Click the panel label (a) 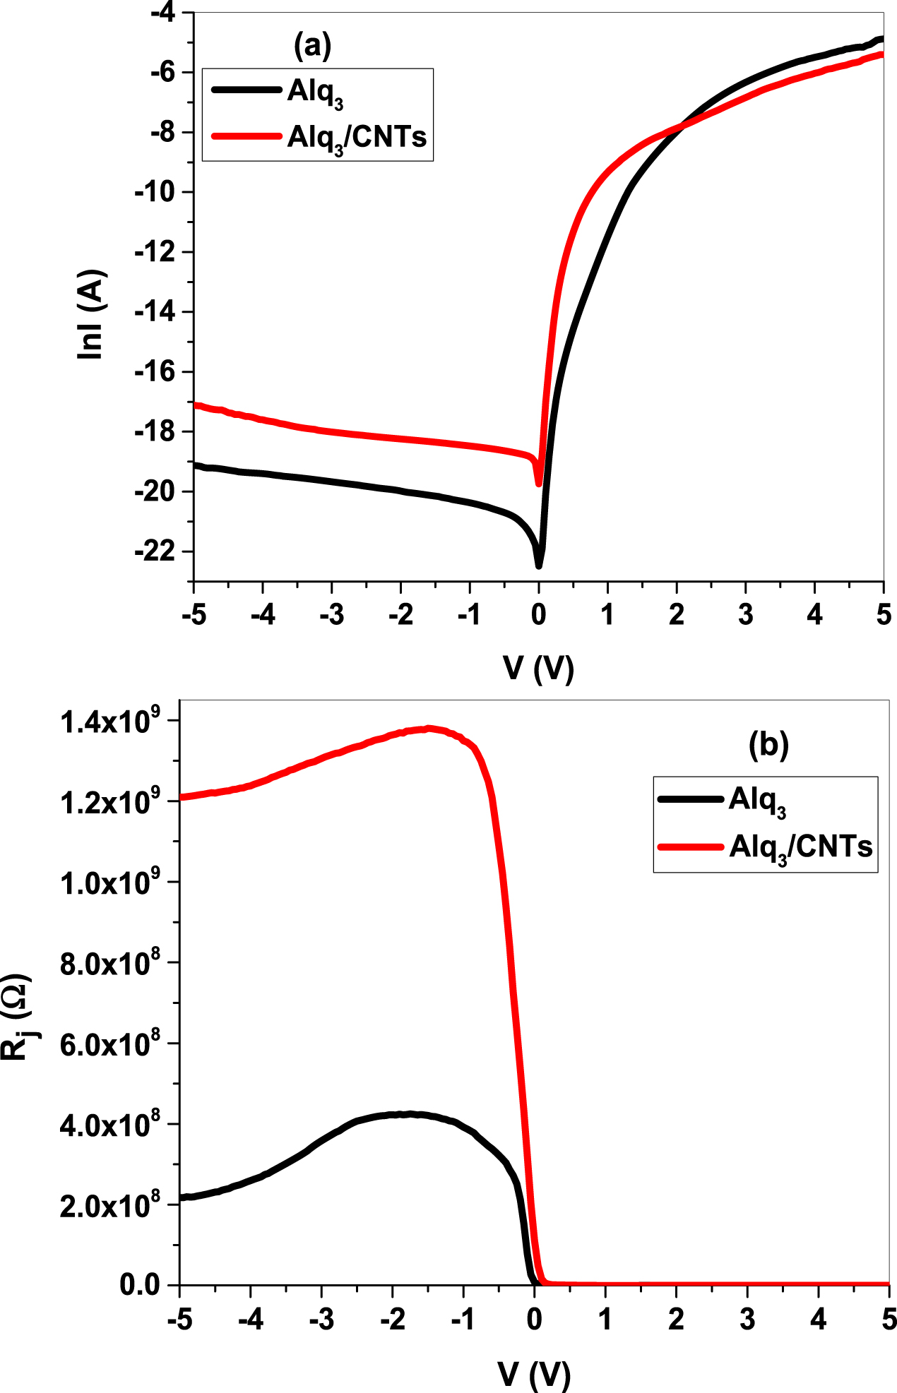[x=311, y=46]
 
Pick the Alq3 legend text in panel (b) [x=757, y=801]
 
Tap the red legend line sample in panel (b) [x=690, y=847]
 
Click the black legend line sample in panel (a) [x=246, y=90]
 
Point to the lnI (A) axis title [x=92, y=314]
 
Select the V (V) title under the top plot [x=538, y=668]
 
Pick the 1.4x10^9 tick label [x=110, y=722]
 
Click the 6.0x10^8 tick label [x=110, y=1044]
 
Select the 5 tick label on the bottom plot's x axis [x=889, y=1319]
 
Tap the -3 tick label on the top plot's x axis [x=331, y=615]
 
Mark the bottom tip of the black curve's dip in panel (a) [x=538, y=566]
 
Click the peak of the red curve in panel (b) [x=427, y=729]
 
